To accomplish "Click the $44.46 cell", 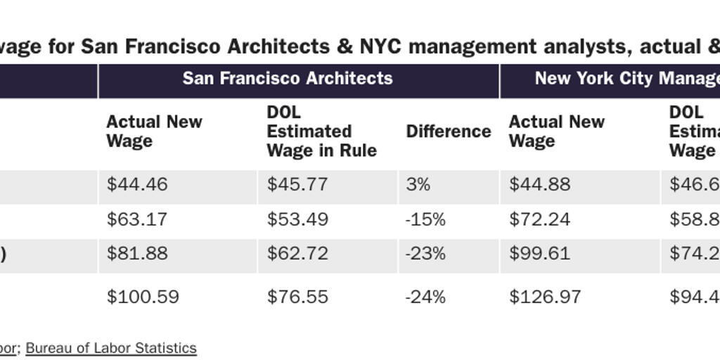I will (x=137, y=184).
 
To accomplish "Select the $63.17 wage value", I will (x=137, y=219).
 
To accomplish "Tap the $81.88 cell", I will (x=137, y=254).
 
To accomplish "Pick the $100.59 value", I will (x=143, y=297).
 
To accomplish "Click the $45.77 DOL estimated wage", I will (x=297, y=184).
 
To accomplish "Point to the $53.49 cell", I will (x=297, y=219).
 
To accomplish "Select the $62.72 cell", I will (x=297, y=254).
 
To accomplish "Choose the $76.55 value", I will (x=297, y=297).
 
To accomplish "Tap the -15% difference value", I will (x=425, y=219).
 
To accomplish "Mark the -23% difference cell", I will (x=425, y=254).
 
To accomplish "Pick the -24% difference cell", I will (x=425, y=297).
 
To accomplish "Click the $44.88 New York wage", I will (x=539, y=184).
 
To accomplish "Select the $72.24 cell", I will (x=539, y=219).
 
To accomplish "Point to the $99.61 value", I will (x=539, y=254).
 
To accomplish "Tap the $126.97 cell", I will (x=545, y=297).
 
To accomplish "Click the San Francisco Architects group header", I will (x=288, y=78).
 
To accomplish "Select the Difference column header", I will (x=448, y=131).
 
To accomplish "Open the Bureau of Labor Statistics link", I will (x=111, y=348).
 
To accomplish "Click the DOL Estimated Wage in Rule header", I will (x=321, y=131).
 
